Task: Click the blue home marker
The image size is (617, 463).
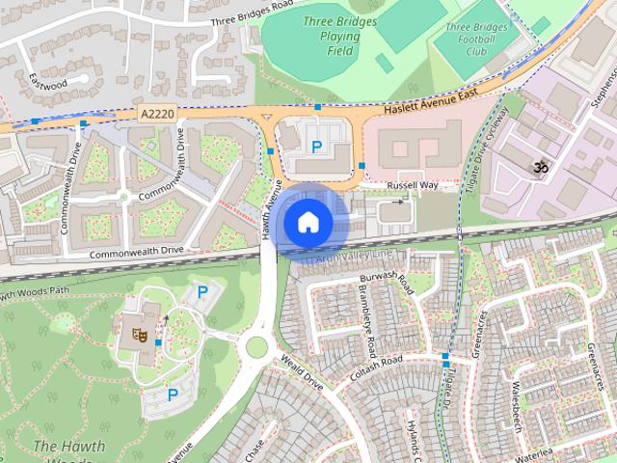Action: (x=307, y=223)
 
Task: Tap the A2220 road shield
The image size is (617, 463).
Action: (x=154, y=113)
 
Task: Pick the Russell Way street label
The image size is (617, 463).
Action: (x=412, y=184)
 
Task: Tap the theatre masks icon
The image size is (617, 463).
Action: (x=138, y=334)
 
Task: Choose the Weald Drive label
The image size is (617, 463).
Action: (x=302, y=371)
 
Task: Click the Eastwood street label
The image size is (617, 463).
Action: (x=47, y=80)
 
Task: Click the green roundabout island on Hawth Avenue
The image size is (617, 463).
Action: (x=256, y=345)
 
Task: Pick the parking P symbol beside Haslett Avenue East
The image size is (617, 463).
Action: (x=316, y=147)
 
